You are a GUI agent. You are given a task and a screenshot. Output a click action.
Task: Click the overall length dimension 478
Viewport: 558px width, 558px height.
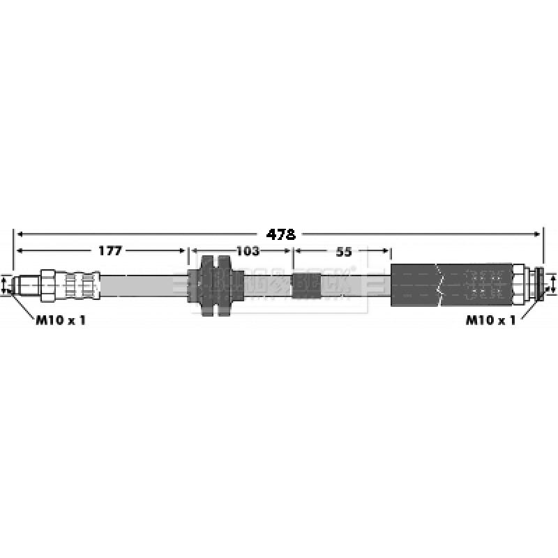pyautogui.click(x=281, y=234)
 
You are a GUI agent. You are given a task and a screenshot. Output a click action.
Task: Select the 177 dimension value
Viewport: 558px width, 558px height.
pyautogui.click(x=110, y=250)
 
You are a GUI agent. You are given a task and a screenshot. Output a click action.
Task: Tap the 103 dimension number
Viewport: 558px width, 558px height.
pyautogui.click(x=248, y=250)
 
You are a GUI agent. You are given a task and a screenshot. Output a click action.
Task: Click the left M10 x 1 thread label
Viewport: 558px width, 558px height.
pyautogui.click(x=61, y=320)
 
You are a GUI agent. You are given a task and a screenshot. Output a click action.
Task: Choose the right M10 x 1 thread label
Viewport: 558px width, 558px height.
pyautogui.click(x=490, y=320)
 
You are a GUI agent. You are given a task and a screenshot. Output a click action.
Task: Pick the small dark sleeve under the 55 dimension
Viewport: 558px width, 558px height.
pyautogui.click(x=305, y=285)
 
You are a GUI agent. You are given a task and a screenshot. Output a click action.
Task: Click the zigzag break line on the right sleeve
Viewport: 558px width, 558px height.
pyautogui.click(x=438, y=285)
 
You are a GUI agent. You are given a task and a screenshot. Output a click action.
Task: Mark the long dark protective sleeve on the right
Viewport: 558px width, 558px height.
pyautogui.click(x=453, y=285)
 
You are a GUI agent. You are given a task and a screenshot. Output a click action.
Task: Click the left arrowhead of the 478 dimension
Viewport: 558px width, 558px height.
pyautogui.click(x=19, y=234)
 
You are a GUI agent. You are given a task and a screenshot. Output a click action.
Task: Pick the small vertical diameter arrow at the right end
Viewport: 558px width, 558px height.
pyautogui.click(x=553, y=285)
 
